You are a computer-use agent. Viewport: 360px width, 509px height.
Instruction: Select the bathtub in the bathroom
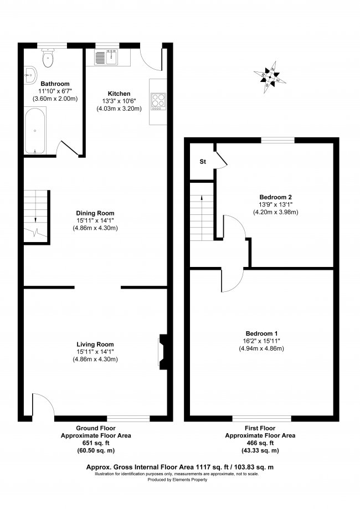pyautogui.click(x=35, y=131)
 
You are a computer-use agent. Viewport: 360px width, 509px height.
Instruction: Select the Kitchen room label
pyautogui.click(x=119, y=93)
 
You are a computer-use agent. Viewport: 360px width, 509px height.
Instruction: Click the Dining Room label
pyautogui.click(x=98, y=213)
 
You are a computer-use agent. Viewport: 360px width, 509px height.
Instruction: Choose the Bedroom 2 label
pyautogui.click(x=275, y=197)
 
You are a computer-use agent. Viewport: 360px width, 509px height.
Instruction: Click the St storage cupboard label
pyautogui.click(x=203, y=162)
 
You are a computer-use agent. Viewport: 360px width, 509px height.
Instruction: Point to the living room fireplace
pyautogui.click(x=162, y=351)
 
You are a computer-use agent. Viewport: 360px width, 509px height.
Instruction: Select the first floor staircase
pyautogui.click(x=202, y=216)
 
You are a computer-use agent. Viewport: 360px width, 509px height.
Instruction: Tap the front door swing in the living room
pyautogui.click(x=43, y=404)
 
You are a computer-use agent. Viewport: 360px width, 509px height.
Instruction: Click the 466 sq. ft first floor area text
pyautogui.click(x=260, y=443)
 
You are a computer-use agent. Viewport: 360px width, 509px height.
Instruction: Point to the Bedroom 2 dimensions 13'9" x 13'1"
pyautogui.click(x=275, y=205)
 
